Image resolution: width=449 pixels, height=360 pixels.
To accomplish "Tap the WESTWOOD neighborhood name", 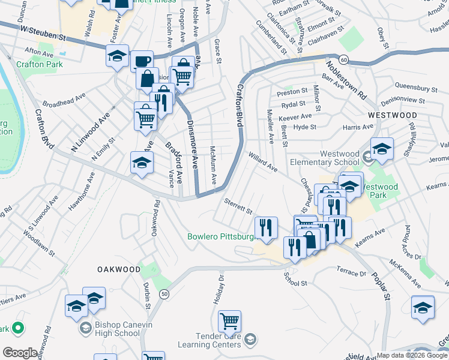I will pos(392,115).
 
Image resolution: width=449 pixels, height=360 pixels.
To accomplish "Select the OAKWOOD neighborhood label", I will pos(119,269).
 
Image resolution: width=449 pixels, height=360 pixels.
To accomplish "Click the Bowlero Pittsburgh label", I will pos(222,236).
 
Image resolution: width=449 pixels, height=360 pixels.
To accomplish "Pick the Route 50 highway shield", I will pos(163,293).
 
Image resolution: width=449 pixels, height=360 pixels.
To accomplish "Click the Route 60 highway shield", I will pos(343,59).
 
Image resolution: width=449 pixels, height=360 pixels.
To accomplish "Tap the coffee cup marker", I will pos(142,61).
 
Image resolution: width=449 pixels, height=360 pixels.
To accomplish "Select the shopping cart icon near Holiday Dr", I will pos(229,321).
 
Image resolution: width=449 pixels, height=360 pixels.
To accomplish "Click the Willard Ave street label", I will pos(263,161).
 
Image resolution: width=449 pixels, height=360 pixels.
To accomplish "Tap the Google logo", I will pos(20,353).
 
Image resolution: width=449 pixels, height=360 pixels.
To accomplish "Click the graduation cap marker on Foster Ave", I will pos(117,56).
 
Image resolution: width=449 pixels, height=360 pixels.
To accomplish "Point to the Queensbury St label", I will pos(408,88).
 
